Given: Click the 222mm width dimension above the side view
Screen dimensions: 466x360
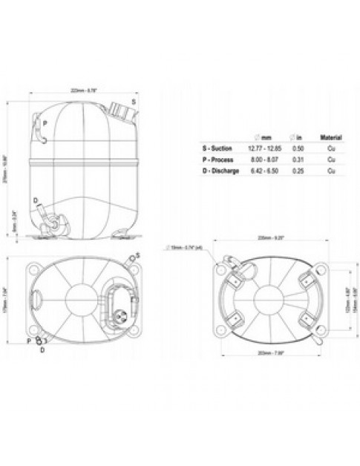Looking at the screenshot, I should coord(82,91).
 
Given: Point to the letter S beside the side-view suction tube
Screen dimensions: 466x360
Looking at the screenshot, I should coord(133,99).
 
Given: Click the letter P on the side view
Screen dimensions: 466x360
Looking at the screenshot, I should coord(45,123).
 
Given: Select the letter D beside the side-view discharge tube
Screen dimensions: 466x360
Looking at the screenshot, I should coord(36,201).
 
